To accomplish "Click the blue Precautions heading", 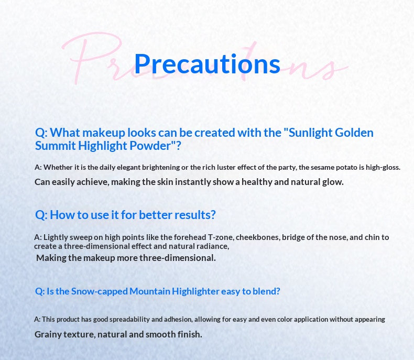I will click(x=207, y=64).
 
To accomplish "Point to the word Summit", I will click(x=55, y=146).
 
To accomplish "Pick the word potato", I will click(x=336, y=167).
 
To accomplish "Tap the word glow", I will click(x=333, y=182).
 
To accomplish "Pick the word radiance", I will click(x=211, y=246).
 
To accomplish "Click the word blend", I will click(x=266, y=291).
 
